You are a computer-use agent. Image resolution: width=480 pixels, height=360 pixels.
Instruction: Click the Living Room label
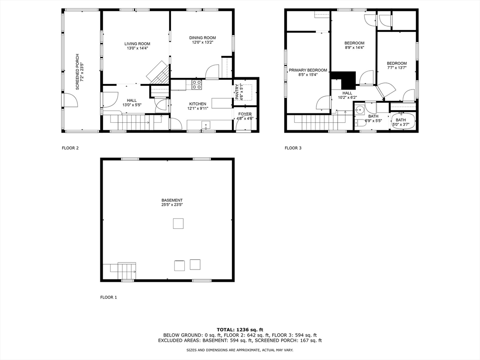(137, 44)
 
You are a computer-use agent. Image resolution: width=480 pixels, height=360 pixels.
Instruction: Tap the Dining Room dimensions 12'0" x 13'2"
(202, 43)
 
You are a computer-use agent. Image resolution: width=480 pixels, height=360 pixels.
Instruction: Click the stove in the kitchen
(197, 85)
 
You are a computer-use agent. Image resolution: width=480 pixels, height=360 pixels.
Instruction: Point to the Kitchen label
(197, 104)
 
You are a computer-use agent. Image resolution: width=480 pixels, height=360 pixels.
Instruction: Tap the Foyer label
(245, 114)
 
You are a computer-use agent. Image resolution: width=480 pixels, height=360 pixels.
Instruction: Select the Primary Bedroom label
(307, 70)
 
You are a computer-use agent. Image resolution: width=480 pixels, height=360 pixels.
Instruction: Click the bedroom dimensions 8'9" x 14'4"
(354, 47)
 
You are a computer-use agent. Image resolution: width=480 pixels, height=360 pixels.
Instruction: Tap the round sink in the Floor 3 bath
(360, 111)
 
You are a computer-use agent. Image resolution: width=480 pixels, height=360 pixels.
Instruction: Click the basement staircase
(123, 271)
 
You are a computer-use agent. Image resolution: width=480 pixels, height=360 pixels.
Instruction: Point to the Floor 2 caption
(70, 148)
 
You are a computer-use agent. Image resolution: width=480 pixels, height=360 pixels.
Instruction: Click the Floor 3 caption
(293, 148)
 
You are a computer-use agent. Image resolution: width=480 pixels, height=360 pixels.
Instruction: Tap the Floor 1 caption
(109, 297)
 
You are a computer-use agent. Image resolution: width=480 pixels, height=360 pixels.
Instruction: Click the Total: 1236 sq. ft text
(240, 329)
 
